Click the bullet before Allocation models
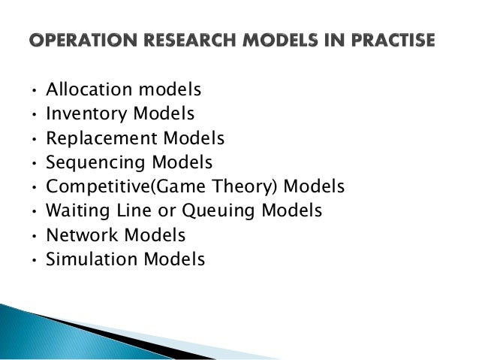pos(33,92)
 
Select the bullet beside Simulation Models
pos(33,261)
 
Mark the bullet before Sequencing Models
pos(33,164)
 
